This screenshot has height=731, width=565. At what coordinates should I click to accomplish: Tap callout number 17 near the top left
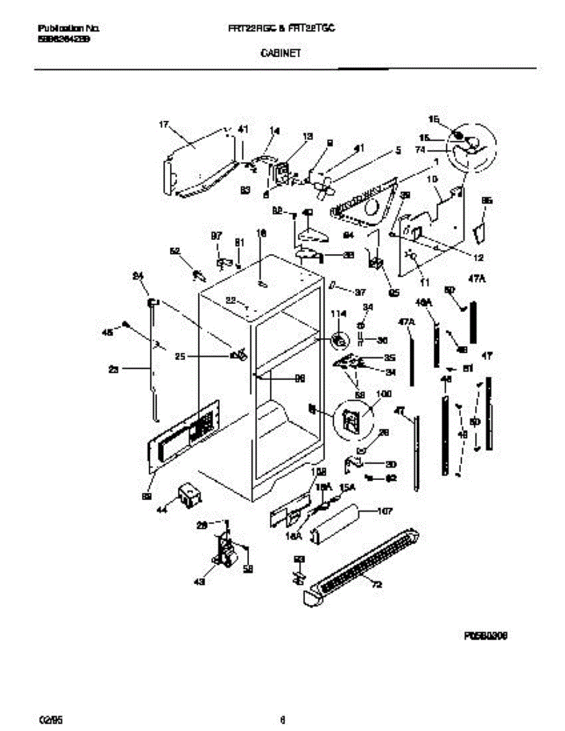tap(163, 125)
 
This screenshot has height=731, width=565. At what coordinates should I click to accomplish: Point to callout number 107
tap(385, 511)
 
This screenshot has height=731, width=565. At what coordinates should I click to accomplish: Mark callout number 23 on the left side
tap(113, 368)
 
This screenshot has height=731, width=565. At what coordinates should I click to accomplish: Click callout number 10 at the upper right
tap(432, 179)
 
